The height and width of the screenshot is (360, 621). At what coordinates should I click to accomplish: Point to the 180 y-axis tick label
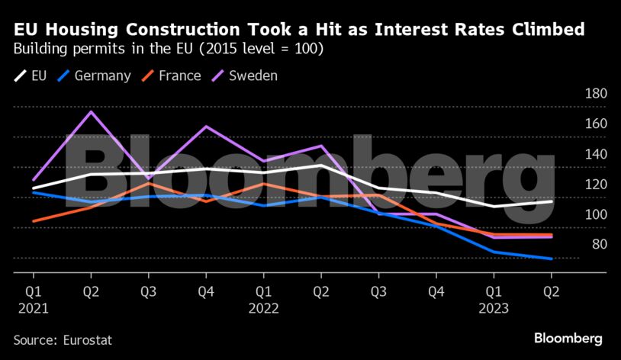coord(594,94)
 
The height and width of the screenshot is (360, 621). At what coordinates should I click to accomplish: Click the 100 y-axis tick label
coord(594,214)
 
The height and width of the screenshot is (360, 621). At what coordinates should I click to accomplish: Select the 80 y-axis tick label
coord(598,244)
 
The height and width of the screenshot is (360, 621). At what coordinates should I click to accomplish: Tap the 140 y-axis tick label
coord(594,154)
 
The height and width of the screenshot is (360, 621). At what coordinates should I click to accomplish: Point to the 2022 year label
coord(263,308)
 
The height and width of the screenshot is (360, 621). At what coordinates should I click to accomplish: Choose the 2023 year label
coord(493,308)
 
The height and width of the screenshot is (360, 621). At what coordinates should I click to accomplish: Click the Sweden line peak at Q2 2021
coord(91,112)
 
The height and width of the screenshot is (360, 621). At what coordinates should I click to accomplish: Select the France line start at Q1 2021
coord(34,221)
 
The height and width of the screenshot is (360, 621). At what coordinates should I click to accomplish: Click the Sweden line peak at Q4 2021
coord(206,127)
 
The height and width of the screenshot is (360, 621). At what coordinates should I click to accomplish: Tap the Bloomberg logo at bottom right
coord(568,338)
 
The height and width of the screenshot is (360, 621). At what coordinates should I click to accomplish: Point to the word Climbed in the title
coord(541,31)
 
